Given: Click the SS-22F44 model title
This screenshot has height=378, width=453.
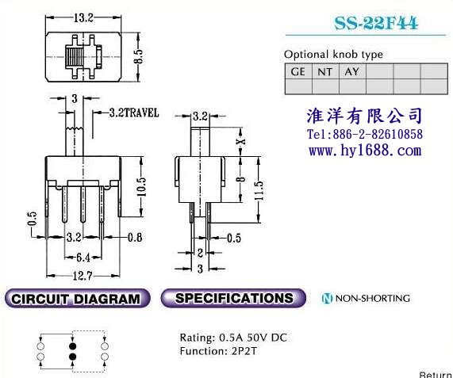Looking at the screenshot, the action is (x=376, y=23).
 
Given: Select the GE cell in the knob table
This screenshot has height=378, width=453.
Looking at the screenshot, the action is (x=298, y=71).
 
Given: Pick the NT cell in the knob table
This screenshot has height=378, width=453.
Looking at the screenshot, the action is (x=325, y=71).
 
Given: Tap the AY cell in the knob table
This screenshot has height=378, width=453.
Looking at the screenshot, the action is (x=352, y=71).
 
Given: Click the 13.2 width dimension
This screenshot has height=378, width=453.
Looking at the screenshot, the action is (x=83, y=18).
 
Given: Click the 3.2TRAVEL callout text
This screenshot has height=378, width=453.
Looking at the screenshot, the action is (x=134, y=113).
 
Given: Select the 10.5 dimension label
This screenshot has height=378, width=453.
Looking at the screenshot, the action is (x=141, y=187).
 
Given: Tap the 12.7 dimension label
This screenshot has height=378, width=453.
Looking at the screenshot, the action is (x=83, y=276).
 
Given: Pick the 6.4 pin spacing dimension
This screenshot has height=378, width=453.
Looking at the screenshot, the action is (x=83, y=258).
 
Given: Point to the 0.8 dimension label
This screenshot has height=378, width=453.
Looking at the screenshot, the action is (x=135, y=238).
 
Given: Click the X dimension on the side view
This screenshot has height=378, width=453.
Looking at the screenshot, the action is (x=241, y=141).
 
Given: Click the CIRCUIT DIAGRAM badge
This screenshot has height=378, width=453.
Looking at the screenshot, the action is (x=77, y=299).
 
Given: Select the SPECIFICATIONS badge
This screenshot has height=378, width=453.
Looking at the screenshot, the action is (x=233, y=298).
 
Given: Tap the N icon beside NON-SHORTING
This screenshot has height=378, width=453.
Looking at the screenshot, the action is (x=327, y=299).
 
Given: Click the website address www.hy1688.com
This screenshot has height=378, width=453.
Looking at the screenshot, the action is (x=365, y=151).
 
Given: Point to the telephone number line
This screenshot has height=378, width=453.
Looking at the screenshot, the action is (x=365, y=134).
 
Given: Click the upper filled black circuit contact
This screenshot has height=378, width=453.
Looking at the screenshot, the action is (x=73, y=346).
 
